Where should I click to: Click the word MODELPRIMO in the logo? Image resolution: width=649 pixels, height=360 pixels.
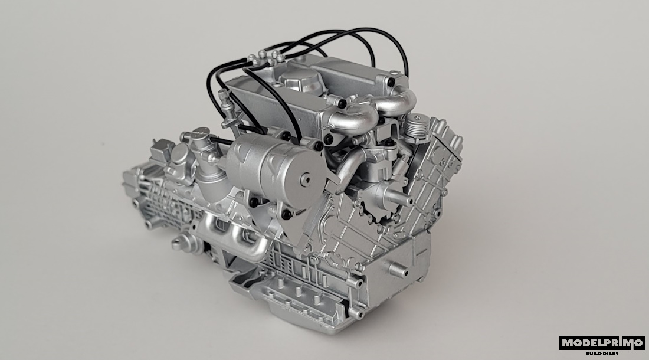(602, 343)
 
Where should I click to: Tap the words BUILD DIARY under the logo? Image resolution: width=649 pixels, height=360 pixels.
(602, 354)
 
